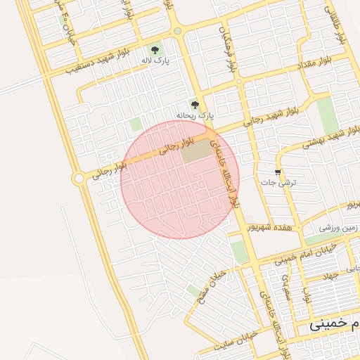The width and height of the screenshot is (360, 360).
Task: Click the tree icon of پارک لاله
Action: coord(155,50)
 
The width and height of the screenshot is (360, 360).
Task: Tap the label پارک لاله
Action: coord(155,61)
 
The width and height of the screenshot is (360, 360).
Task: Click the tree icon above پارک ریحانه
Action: coord(195,105)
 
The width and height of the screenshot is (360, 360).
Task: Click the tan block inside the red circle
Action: coord(199,150)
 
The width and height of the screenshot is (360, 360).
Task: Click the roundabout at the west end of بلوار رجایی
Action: coord(79,179)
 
